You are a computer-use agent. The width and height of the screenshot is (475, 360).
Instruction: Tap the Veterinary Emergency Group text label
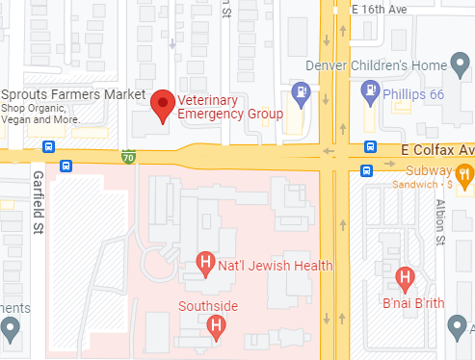[229, 107]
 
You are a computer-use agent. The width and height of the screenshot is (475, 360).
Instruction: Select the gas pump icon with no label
[301, 93]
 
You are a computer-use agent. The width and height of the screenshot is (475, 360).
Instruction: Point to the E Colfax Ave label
[437, 151]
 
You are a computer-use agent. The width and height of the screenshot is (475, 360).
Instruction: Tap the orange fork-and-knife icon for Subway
[464, 173]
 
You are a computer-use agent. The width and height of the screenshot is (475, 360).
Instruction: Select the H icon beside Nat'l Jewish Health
[204, 262]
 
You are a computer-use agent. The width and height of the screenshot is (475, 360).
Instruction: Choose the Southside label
[207, 307]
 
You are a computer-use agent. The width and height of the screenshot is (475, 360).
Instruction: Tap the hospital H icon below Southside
[217, 327]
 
